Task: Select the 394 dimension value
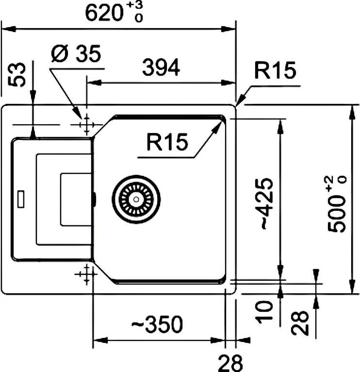tap(161, 68)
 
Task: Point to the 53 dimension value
tap(18, 74)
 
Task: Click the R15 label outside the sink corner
tap(275, 71)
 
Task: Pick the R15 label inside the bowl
tap(167, 142)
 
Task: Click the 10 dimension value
tap(264, 312)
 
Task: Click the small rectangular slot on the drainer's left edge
tap(21, 198)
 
